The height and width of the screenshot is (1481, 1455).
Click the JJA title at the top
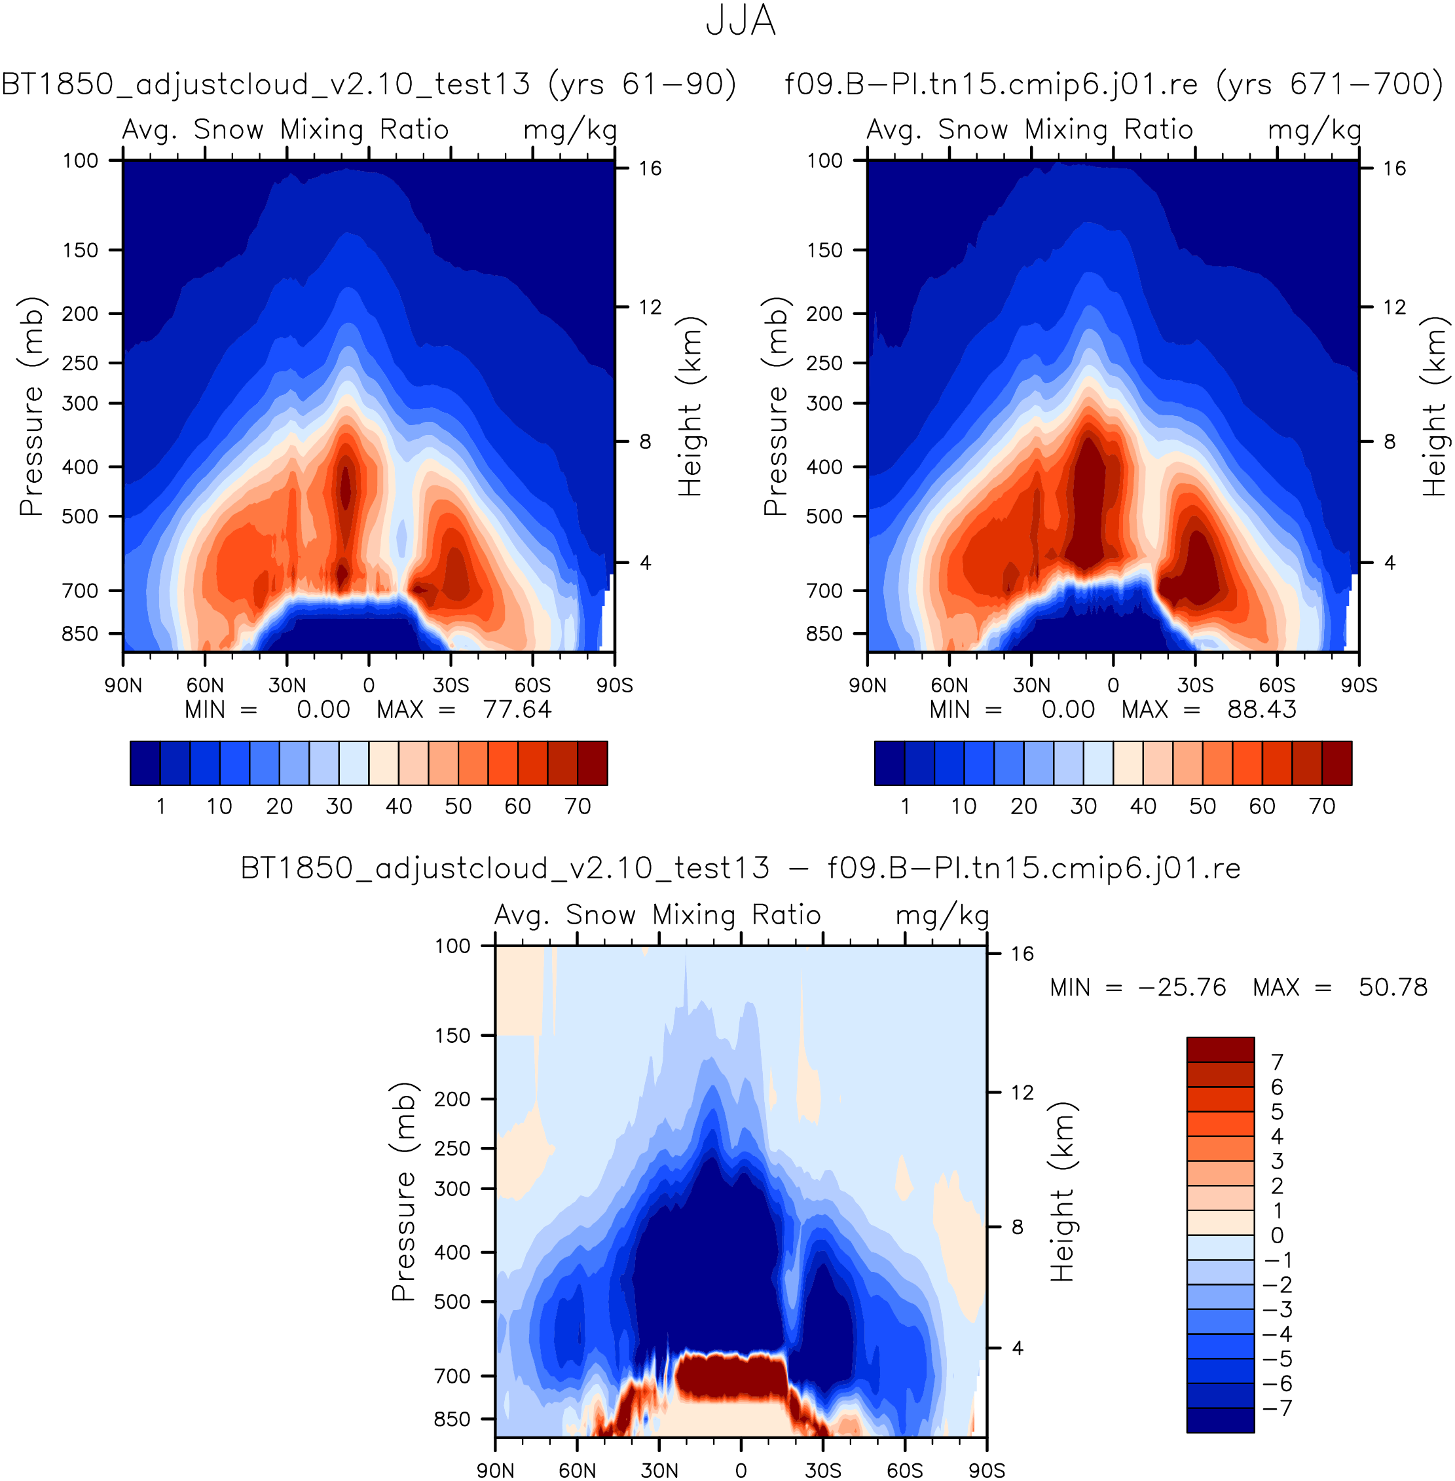pos(740,22)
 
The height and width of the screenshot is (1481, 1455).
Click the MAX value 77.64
pos(517,709)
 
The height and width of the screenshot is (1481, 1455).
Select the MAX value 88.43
pos(1262,709)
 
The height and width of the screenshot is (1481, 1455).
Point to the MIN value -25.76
pos(1182,987)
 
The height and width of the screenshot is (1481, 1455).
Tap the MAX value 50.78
pos(1392,987)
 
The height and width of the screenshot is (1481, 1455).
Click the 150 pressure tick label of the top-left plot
pos(81,250)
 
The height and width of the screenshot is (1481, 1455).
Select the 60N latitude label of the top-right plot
pos(949,685)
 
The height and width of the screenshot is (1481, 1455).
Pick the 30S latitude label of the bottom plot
pos(823,1471)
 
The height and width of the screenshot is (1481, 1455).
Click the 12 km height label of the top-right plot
pos(1395,307)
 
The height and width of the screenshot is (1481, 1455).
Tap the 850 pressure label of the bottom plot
pos(452,1419)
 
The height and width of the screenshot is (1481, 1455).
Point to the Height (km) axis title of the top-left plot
pos(690,406)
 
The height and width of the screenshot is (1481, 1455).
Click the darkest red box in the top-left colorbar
pos(592,763)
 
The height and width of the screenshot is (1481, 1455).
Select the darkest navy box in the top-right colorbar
pos(889,763)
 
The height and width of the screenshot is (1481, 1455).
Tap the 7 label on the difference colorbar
pos(1277,1061)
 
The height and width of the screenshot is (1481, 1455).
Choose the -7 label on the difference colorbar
pos(1277,1408)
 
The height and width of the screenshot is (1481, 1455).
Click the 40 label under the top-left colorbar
pos(398,806)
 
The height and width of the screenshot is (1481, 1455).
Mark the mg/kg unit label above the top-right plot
pos(1314,130)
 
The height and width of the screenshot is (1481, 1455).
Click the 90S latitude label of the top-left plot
pos(614,685)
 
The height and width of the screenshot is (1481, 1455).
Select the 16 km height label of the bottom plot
pos(1022,954)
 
